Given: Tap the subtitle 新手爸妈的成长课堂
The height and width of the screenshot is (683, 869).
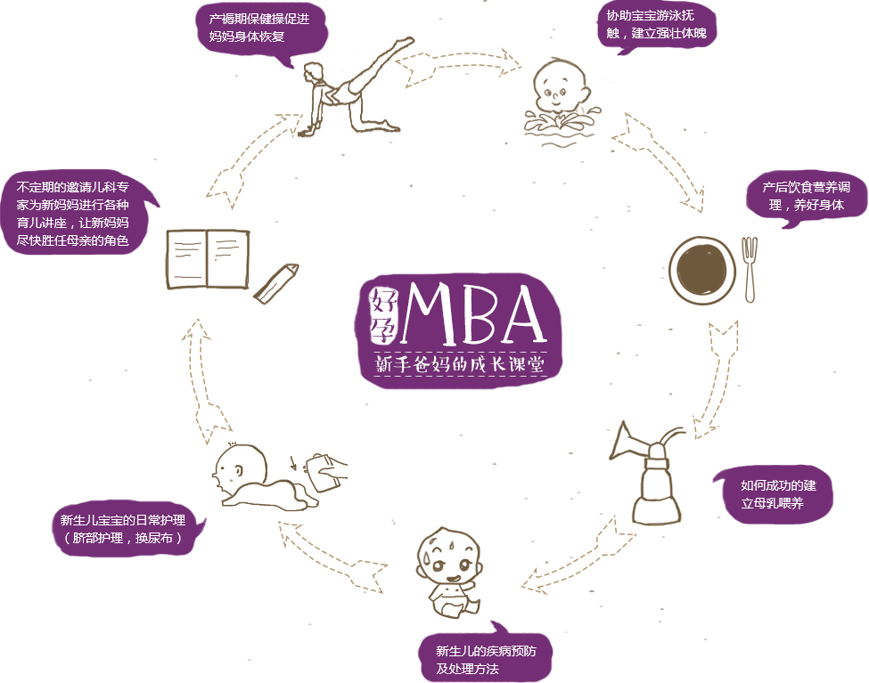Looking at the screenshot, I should [x=459, y=365].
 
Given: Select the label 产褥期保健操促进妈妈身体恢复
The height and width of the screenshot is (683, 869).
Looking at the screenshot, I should [x=259, y=28].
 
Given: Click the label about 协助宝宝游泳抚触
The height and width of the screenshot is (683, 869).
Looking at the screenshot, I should [x=656, y=24].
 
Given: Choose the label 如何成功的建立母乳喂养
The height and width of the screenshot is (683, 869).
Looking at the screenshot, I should [x=777, y=494].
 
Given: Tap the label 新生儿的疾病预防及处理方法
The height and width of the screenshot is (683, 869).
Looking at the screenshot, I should [x=485, y=659].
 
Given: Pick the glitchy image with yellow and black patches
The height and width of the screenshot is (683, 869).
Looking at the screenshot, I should [x=357, y=87].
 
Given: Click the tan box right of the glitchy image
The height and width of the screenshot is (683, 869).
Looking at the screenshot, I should [x=458, y=68].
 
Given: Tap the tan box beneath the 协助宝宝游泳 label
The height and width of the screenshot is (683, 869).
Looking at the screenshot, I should [x=656, y=162].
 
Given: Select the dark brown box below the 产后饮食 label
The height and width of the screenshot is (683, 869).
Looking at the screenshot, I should [x=712, y=270].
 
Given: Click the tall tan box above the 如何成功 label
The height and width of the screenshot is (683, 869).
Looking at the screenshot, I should [x=715, y=378].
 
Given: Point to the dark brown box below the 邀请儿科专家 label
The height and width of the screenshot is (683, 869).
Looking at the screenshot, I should [x=232, y=266].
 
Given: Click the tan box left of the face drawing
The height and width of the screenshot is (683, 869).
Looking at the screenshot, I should [x=333, y=557].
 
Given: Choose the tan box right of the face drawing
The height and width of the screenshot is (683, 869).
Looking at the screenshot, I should [x=578, y=554].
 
